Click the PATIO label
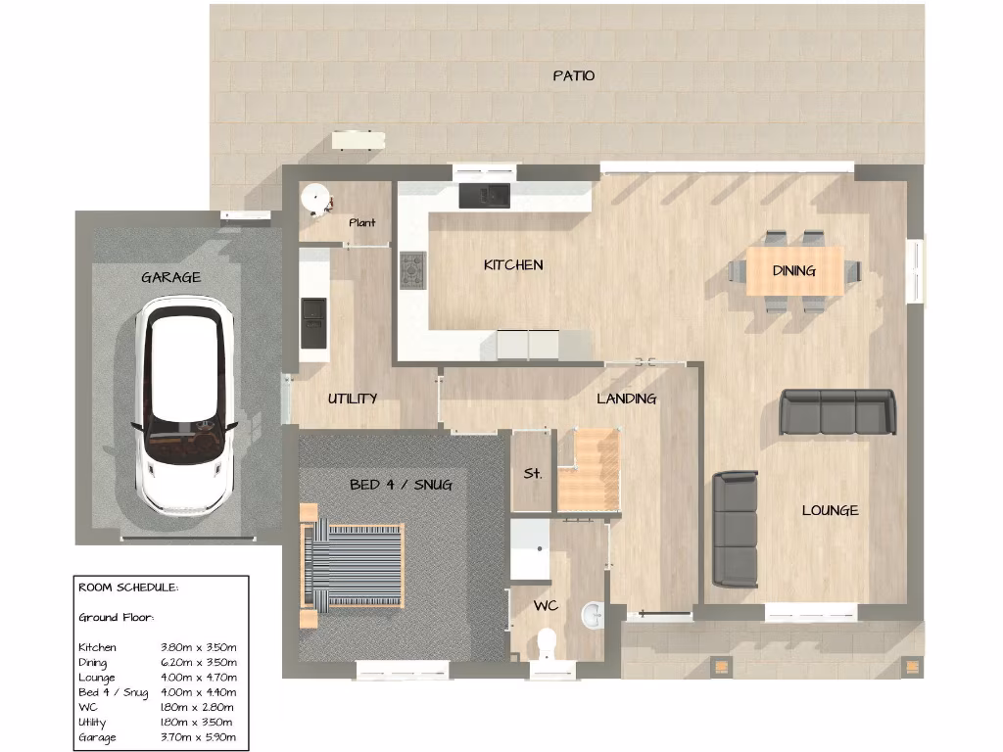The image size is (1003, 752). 573,75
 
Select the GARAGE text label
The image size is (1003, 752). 170,277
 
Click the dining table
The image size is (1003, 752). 794,270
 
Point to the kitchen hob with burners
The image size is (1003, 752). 412,270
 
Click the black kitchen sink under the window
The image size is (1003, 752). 485,195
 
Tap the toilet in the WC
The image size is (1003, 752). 547,646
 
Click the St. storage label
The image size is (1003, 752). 532,473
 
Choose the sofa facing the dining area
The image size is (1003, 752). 836,411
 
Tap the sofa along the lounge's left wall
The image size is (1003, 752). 735,529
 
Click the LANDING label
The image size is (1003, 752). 627,399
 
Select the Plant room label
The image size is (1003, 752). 362,223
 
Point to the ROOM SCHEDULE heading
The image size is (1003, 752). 128,587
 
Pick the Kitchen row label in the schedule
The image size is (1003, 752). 97,647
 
